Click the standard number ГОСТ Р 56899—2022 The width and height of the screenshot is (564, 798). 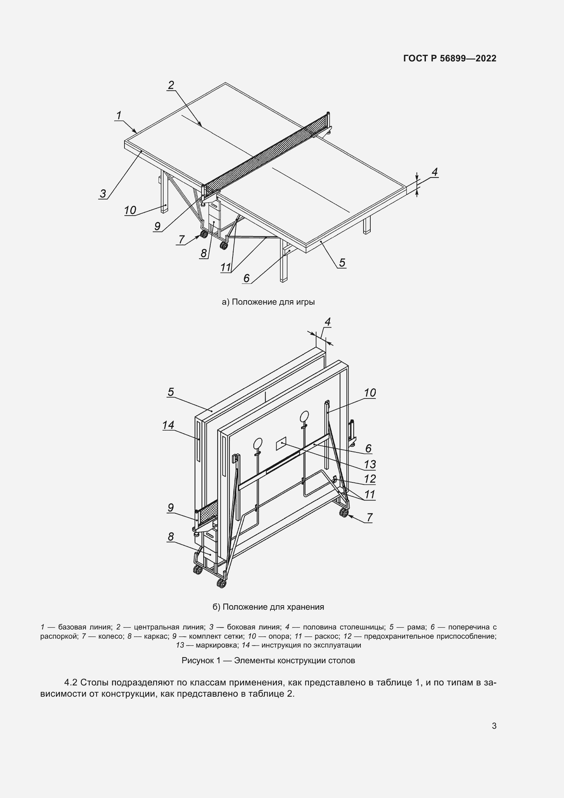tap(449, 58)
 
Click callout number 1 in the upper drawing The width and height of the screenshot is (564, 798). tap(119, 115)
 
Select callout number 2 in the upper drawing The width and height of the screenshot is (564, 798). tap(171, 85)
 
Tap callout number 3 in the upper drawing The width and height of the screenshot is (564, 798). tap(103, 193)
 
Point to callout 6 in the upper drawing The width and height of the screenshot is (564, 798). tap(246, 278)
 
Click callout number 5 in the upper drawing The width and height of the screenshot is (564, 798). tap(342, 263)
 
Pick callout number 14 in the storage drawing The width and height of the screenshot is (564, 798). tap(168, 425)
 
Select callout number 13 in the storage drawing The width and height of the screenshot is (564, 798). tap(370, 464)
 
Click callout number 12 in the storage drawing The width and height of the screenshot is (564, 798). tap(370, 479)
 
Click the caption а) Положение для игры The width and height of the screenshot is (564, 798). tap(268, 302)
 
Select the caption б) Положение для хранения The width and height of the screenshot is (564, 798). tap(268, 607)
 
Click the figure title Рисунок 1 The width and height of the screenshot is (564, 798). tap(268, 661)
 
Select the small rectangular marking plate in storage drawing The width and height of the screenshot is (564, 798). tap(281, 444)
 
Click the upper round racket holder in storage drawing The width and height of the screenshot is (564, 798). tap(304, 416)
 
